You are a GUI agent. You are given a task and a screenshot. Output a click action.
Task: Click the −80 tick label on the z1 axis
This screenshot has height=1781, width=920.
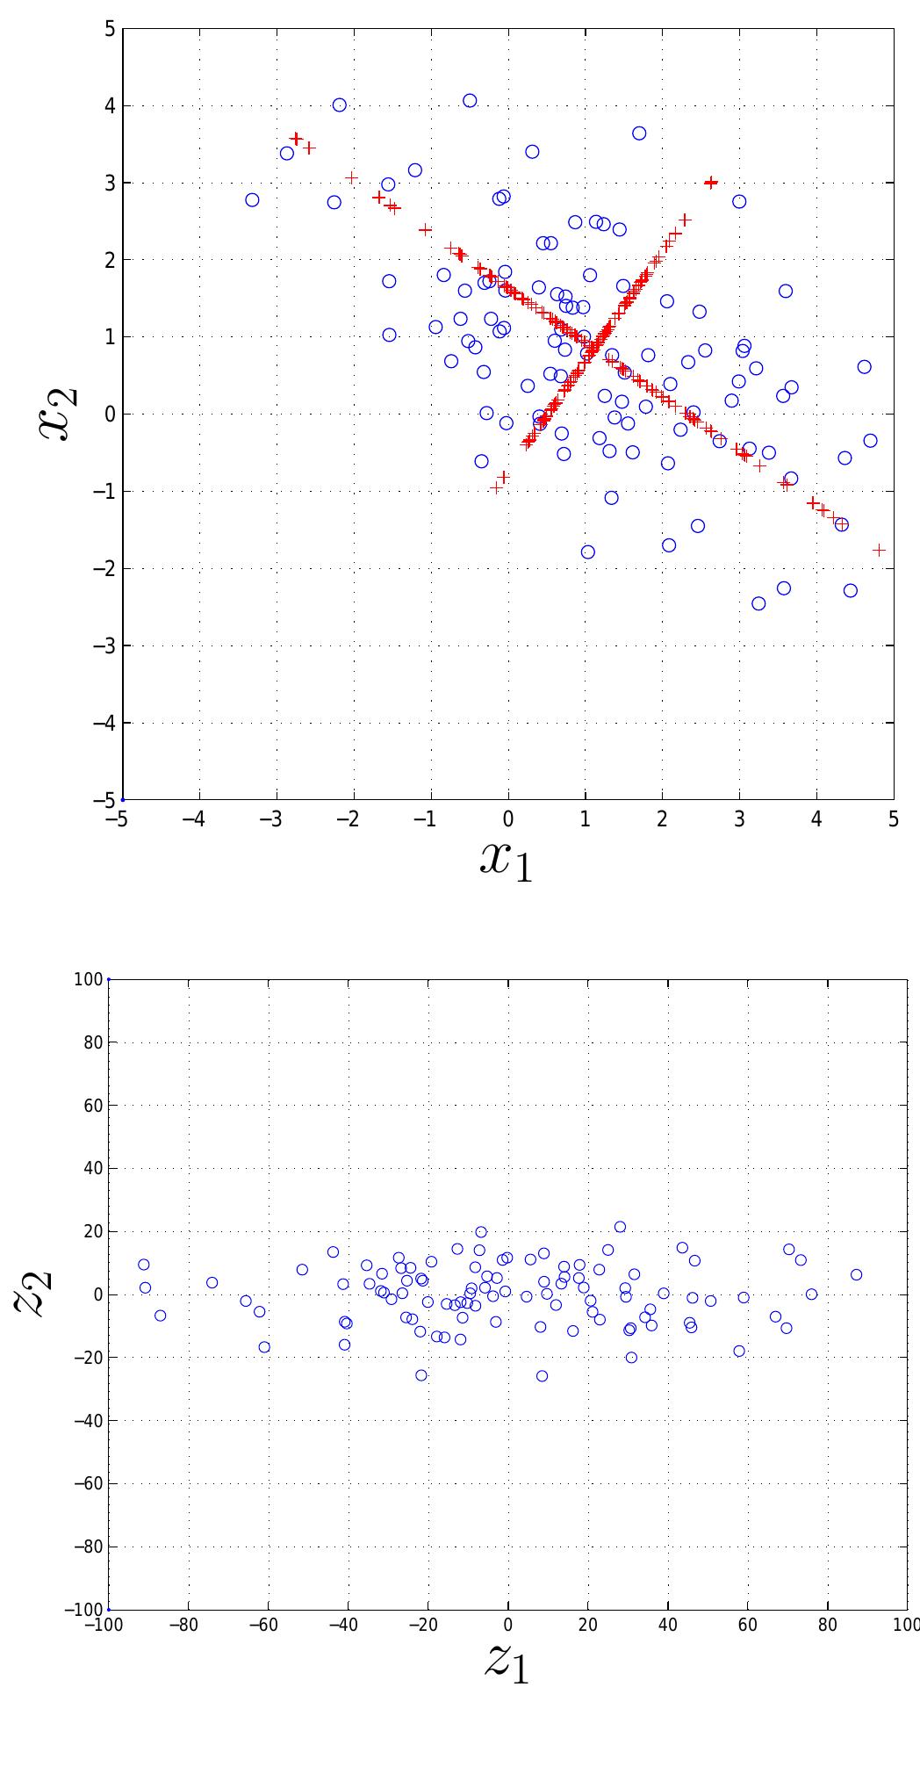[x=183, y=1625]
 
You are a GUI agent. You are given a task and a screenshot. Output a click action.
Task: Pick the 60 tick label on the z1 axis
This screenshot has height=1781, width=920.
[x=747, y=1625]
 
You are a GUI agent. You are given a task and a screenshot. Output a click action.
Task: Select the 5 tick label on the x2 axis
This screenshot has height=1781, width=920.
[x=110, y=29]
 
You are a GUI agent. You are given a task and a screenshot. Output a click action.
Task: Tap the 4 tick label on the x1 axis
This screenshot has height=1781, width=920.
[x=816, y=819]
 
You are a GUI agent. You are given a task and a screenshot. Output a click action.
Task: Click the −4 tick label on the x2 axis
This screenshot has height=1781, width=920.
[x=104, y=723]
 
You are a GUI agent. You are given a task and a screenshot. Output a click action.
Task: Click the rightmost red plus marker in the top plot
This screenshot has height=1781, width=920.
[x=879, y=550]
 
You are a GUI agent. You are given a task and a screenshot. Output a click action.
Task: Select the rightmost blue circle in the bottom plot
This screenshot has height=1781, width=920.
[x=856, y=1274]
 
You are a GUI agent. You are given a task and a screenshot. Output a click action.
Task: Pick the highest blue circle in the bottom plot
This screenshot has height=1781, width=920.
[x=620, y=1227]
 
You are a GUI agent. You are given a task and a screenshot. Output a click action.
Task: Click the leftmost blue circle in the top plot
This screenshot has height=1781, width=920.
[x=252, y=200]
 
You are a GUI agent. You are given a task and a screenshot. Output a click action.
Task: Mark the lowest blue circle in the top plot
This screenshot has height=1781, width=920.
[x=758, y=603]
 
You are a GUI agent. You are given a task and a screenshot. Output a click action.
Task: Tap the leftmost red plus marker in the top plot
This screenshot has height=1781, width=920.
[x=296, y=139]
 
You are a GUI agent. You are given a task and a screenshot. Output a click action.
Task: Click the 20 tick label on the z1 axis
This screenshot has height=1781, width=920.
[x=586, y=1625]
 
